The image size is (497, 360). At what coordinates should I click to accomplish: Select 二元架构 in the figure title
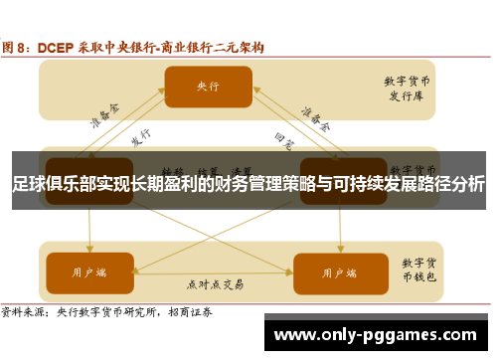[240, 45]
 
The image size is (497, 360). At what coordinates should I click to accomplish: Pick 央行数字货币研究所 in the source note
[110, 311]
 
